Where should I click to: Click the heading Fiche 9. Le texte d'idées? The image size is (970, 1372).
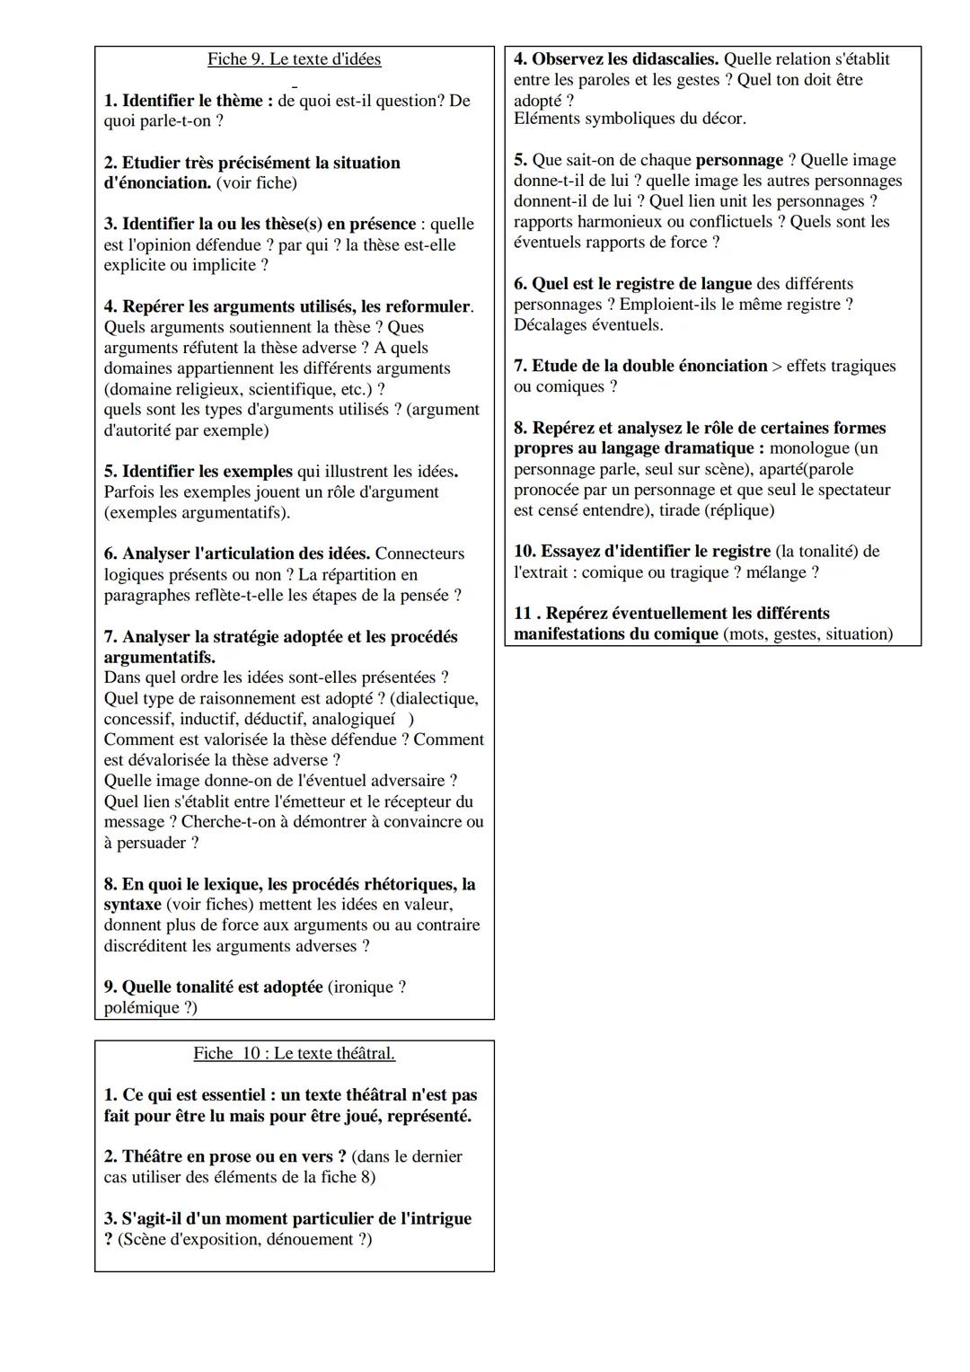(294, 59)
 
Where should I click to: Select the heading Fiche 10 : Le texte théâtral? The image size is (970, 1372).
(294, 1053)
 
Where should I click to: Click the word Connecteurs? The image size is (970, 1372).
(419, 553)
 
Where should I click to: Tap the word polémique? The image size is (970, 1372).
(140, 1007)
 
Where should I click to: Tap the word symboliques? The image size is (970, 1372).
(624, 118)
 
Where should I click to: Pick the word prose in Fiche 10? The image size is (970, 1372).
(231, 1156)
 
